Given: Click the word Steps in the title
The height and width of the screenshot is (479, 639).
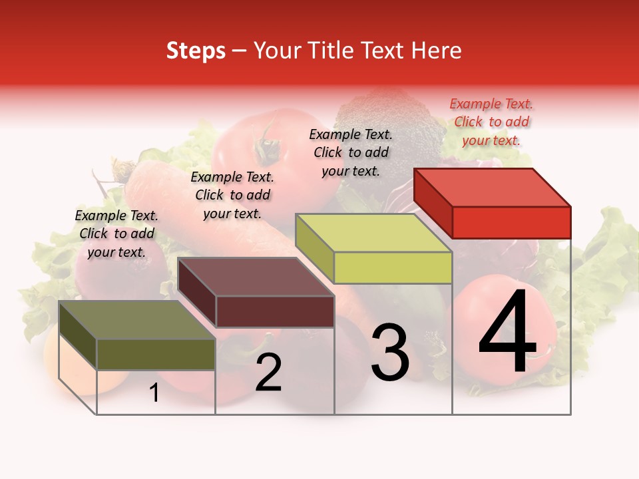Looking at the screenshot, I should click(x=196, y=51).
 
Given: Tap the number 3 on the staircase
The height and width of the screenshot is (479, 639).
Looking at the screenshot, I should click(x=389, y=352).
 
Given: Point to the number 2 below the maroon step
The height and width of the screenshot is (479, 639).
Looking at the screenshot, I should click(x=268, y=373).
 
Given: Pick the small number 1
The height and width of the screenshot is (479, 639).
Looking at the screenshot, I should click(x=154, y=393).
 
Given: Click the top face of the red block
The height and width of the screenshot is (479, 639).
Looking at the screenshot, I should click(x=493, y=187).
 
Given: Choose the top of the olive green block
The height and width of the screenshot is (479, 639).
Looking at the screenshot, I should click(x=137, y=320).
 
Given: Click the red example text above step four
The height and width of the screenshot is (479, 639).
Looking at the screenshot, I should click(x=491, y=122).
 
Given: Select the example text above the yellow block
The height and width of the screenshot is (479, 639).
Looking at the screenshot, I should click(x=351, y=152).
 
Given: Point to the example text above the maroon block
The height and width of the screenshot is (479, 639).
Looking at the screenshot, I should click(x=232, y=195).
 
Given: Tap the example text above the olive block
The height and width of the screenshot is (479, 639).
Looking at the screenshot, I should click(x=116, y=234).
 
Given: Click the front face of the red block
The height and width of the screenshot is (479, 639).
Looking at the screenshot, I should click(x=511, y=222).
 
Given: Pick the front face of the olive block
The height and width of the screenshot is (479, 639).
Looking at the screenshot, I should click(x=156, y=354).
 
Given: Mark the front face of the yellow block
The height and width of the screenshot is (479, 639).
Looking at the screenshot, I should click(x=393, y=267).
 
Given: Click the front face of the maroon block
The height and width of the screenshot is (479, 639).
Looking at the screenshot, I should click(x=275, y=311).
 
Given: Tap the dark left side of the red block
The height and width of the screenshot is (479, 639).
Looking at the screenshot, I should click(x=433, y=202).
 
